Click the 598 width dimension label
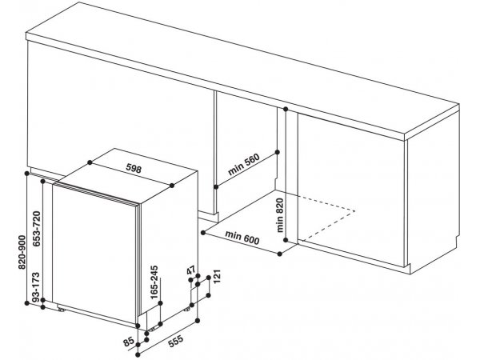tap(134, 168)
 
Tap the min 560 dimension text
tap(244, 164)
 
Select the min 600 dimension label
tap(242, 238)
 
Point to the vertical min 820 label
tap(280, 215)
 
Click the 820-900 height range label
tap(22, 252)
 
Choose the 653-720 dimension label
tap(37, 229)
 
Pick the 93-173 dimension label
tap(36, 287)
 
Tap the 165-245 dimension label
tap(154, 282)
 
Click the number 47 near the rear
tap(190, 270)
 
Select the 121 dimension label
tap(217, 277)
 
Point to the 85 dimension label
tap(129, 342)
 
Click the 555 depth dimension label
tap(175, 341)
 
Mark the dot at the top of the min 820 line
tap(286, 109)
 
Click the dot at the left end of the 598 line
tap(90, 162)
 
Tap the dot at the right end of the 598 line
tap(172, 186)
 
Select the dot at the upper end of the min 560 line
tap(278, 152)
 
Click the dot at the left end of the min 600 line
tap(203, 233)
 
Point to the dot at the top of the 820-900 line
tap(26, 174)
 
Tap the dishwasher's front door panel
tap(94, 254)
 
